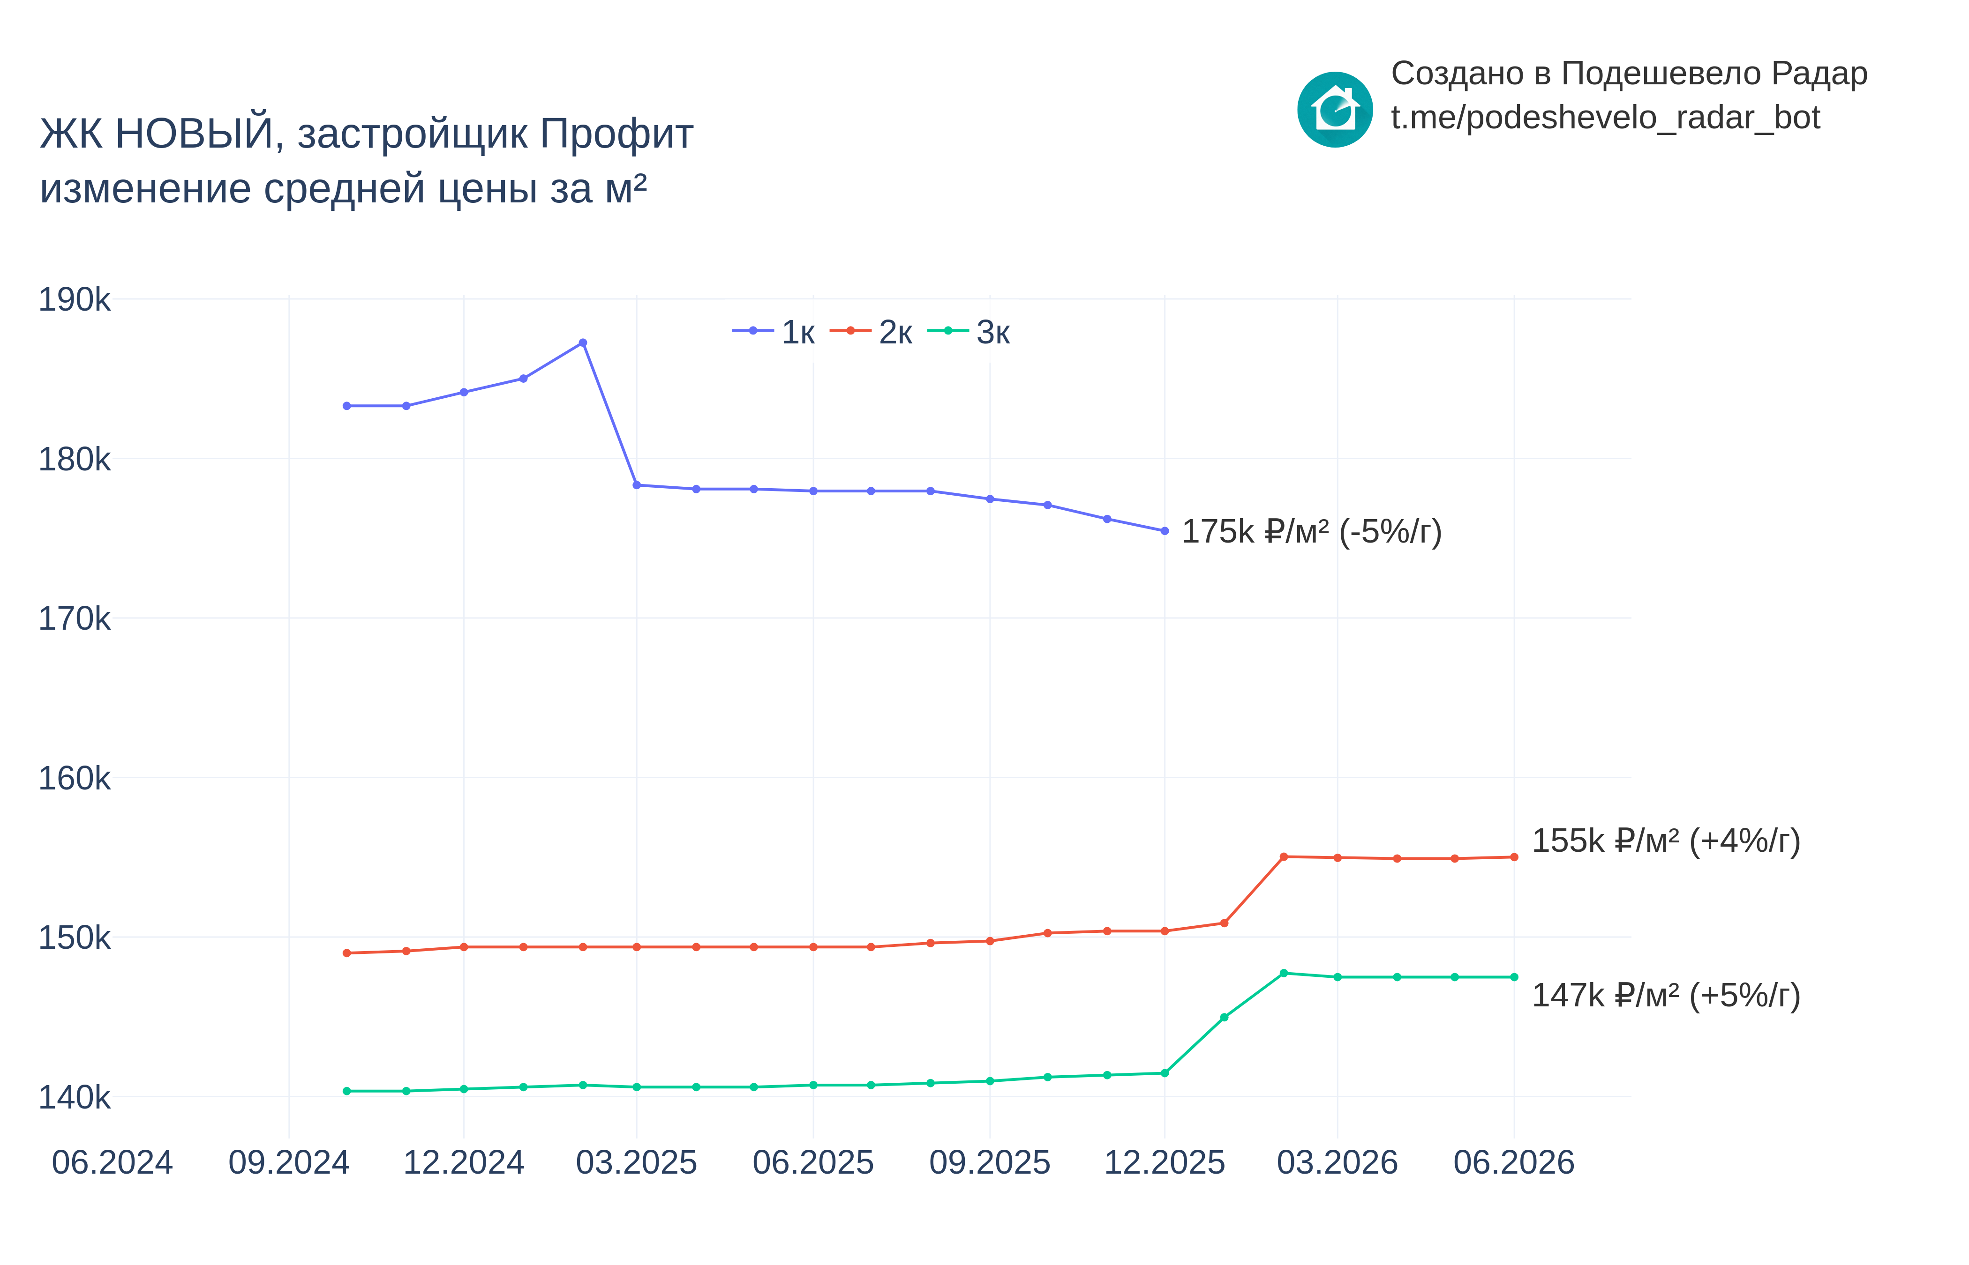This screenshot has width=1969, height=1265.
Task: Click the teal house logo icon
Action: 1335,109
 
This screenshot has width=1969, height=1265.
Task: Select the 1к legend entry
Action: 773,332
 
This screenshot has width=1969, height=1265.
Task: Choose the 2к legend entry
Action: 871,332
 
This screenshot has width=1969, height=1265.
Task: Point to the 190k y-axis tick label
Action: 74,300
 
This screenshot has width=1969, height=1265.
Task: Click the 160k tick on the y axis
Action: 74,778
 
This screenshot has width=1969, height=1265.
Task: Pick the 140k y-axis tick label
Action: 74,1097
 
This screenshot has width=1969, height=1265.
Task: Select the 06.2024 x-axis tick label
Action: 112,1162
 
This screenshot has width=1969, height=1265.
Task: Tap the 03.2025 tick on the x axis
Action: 636,1162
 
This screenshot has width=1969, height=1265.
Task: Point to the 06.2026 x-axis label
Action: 1514,1162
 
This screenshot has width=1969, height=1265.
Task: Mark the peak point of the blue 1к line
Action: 583,342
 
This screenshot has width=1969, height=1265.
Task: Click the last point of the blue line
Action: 1165,531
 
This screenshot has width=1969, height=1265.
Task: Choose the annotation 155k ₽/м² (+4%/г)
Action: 1666,841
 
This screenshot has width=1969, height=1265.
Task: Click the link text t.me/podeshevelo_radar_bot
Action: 1605,118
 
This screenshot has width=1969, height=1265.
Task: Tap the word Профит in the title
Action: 617,134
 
